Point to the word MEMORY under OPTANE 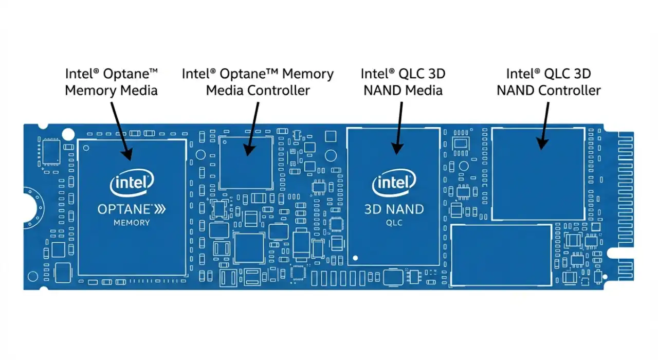132,223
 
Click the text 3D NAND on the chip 394,209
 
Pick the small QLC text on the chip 394,223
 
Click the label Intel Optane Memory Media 111,82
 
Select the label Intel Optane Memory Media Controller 258,82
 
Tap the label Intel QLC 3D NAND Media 403,82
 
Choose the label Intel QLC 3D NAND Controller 548,82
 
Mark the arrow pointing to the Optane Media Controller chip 252,129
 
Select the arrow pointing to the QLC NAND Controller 543,126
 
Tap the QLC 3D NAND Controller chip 538,174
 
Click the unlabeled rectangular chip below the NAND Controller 501,255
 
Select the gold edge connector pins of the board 625,206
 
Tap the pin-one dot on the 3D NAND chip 354,256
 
